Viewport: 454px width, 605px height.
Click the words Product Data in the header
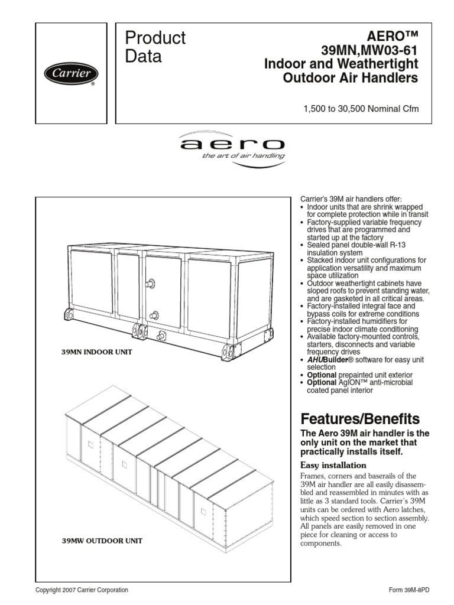tap(155, 47)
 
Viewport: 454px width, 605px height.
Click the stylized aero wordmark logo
tap(232, 144)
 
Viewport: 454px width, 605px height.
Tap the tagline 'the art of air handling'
tap(243, 156)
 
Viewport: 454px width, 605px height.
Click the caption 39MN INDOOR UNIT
tap(96, 352)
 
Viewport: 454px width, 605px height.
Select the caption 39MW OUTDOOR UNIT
tap(102, 540)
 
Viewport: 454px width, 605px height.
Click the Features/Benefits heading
tap(361, 419)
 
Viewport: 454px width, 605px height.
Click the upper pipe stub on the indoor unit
tap(151, 285)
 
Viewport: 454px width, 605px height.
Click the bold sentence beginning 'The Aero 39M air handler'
tap(366, 442)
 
